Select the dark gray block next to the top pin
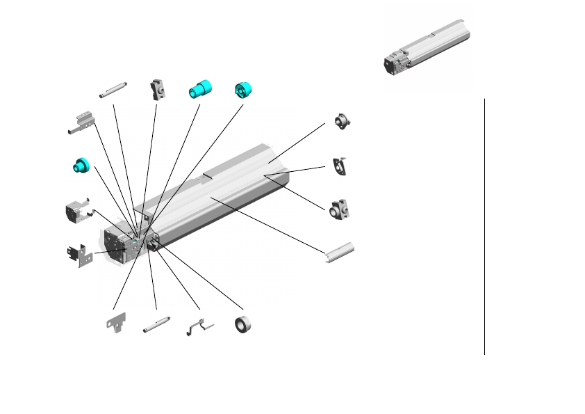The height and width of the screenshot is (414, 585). (x=157, y=90)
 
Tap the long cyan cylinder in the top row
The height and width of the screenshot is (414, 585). (x=200, y=89)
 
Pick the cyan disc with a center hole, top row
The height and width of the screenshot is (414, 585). (x=244, y=89)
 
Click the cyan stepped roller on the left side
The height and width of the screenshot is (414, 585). (x=81, y=166)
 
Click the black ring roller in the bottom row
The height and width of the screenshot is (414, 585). (x=243, y=325)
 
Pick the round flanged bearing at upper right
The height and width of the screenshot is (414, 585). (x=341, y=122)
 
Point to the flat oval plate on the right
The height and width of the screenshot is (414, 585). (x=340, y=165)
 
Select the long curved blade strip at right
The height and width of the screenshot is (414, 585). (x=340, y=253)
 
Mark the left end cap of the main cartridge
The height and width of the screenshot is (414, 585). (x=115, y=245)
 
